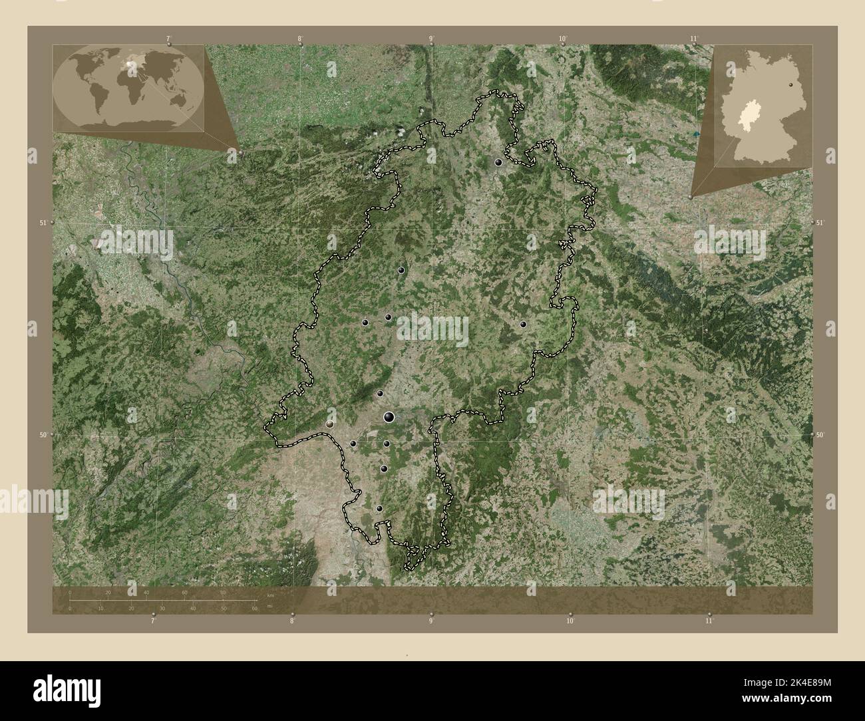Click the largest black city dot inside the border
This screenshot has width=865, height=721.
389,417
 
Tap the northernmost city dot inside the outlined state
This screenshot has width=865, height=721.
498,162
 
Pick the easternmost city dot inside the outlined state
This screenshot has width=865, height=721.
524,325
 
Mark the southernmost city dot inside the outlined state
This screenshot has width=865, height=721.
379,509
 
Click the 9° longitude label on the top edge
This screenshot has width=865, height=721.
431,39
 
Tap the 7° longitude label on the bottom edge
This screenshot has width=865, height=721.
153,621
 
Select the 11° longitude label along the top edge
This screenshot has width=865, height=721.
694,39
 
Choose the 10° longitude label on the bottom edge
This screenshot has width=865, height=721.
570,621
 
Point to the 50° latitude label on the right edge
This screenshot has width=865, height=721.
820,434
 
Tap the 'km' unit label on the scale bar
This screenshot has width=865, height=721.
269,595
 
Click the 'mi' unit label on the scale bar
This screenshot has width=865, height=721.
269,606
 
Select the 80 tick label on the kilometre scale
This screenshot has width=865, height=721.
224,592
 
